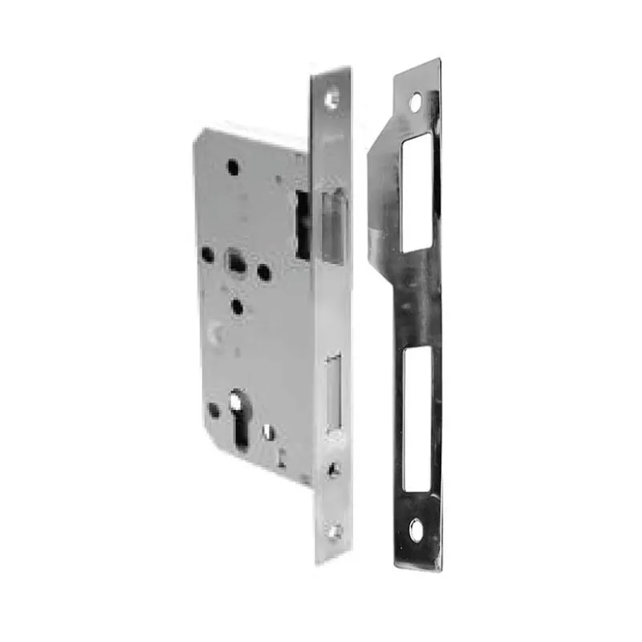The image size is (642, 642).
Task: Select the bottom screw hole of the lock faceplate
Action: click(x=335, y=530)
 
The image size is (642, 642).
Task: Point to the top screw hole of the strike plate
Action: click(x=415, y=102)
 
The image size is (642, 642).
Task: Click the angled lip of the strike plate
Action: click(x=381, y=201)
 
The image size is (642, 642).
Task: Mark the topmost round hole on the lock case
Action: click(x=233, y=167)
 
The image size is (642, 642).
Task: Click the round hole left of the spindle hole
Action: click(x=207, y=254)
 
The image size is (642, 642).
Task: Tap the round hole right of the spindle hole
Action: click(x=263, y=273)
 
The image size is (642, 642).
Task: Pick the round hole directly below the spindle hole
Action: click(x=237, y=306)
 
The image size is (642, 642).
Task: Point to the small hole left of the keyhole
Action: click(x=213, y=409)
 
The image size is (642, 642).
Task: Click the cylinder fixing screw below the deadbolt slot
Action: click(x=334, y=469)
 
